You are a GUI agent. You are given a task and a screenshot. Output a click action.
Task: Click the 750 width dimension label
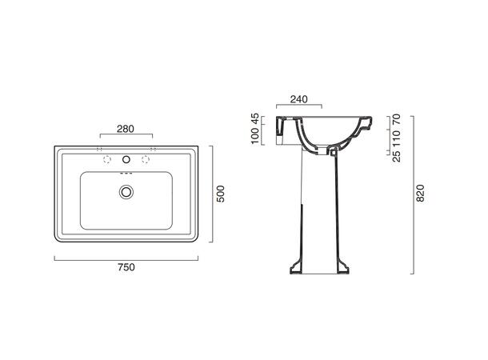click(126, 267)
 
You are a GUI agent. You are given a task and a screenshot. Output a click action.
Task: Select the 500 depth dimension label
click(220, 194)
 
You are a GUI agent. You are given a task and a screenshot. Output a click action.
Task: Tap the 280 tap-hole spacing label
click(126, 129)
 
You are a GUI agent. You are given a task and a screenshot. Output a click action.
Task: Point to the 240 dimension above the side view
click(298, 99)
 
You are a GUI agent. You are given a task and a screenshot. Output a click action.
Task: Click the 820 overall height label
click(420, 194)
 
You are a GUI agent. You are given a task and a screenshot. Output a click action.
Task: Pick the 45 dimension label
click(255, 119)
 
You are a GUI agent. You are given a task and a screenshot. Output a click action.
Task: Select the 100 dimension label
click(255, 136)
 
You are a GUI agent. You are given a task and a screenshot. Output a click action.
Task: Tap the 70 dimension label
click(397, 119)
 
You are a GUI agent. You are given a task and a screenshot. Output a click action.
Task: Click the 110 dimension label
click(397, 138)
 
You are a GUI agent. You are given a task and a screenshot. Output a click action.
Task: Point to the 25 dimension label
click(397, 157)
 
